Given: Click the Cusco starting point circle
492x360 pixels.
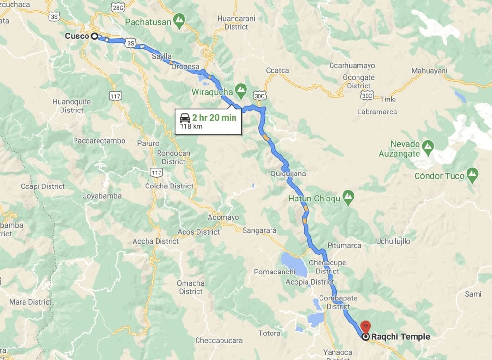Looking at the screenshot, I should point(94,36).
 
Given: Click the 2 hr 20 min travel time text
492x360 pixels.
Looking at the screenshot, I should point(214,118).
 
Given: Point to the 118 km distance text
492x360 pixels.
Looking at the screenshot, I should point(191,127).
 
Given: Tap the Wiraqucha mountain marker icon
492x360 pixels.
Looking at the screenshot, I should point(241,90).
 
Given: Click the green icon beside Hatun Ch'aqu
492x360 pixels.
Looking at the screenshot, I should point(349,197).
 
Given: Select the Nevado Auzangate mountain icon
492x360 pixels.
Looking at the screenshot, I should point(428,144).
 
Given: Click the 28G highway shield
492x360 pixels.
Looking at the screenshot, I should point(118,8).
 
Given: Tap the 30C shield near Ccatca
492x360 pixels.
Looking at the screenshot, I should point(260,96).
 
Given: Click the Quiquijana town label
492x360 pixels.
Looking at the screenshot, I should point(288,174).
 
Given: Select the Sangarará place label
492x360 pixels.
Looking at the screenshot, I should point(259,230).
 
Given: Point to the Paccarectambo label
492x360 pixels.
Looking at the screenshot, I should point(99,141).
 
